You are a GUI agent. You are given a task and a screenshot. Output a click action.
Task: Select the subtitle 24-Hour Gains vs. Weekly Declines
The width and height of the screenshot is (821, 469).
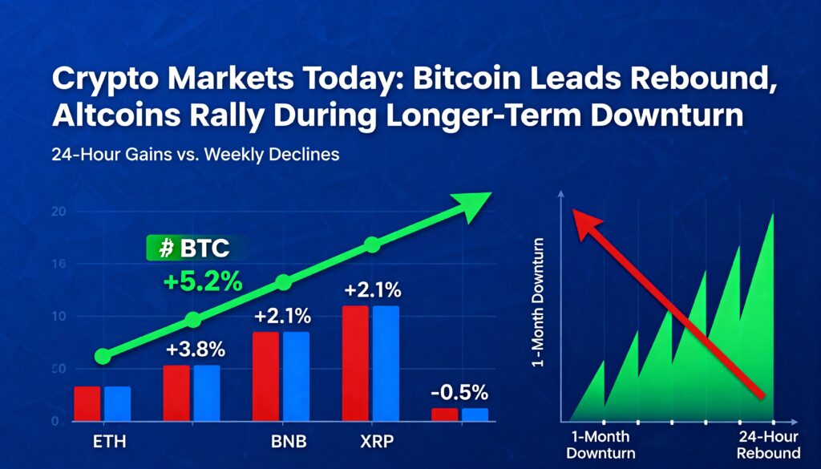(196, 155)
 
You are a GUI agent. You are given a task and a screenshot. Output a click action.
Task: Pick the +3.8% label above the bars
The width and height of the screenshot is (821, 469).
(196, 350)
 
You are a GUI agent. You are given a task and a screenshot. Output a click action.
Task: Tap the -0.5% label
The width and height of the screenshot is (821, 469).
(459, 393)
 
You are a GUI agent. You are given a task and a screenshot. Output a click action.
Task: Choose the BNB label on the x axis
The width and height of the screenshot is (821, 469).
(286, 442)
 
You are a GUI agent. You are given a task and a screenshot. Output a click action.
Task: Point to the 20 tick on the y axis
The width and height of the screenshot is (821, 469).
(57, 212)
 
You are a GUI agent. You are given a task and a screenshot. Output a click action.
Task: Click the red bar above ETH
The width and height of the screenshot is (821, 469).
(87, 403)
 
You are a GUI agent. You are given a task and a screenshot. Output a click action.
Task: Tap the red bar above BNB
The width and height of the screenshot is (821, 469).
(265, 376)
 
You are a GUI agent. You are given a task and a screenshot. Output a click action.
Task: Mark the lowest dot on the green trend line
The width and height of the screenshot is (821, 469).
(102, 356)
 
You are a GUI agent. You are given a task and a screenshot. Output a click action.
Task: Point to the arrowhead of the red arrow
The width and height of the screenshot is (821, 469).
(583, 220)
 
